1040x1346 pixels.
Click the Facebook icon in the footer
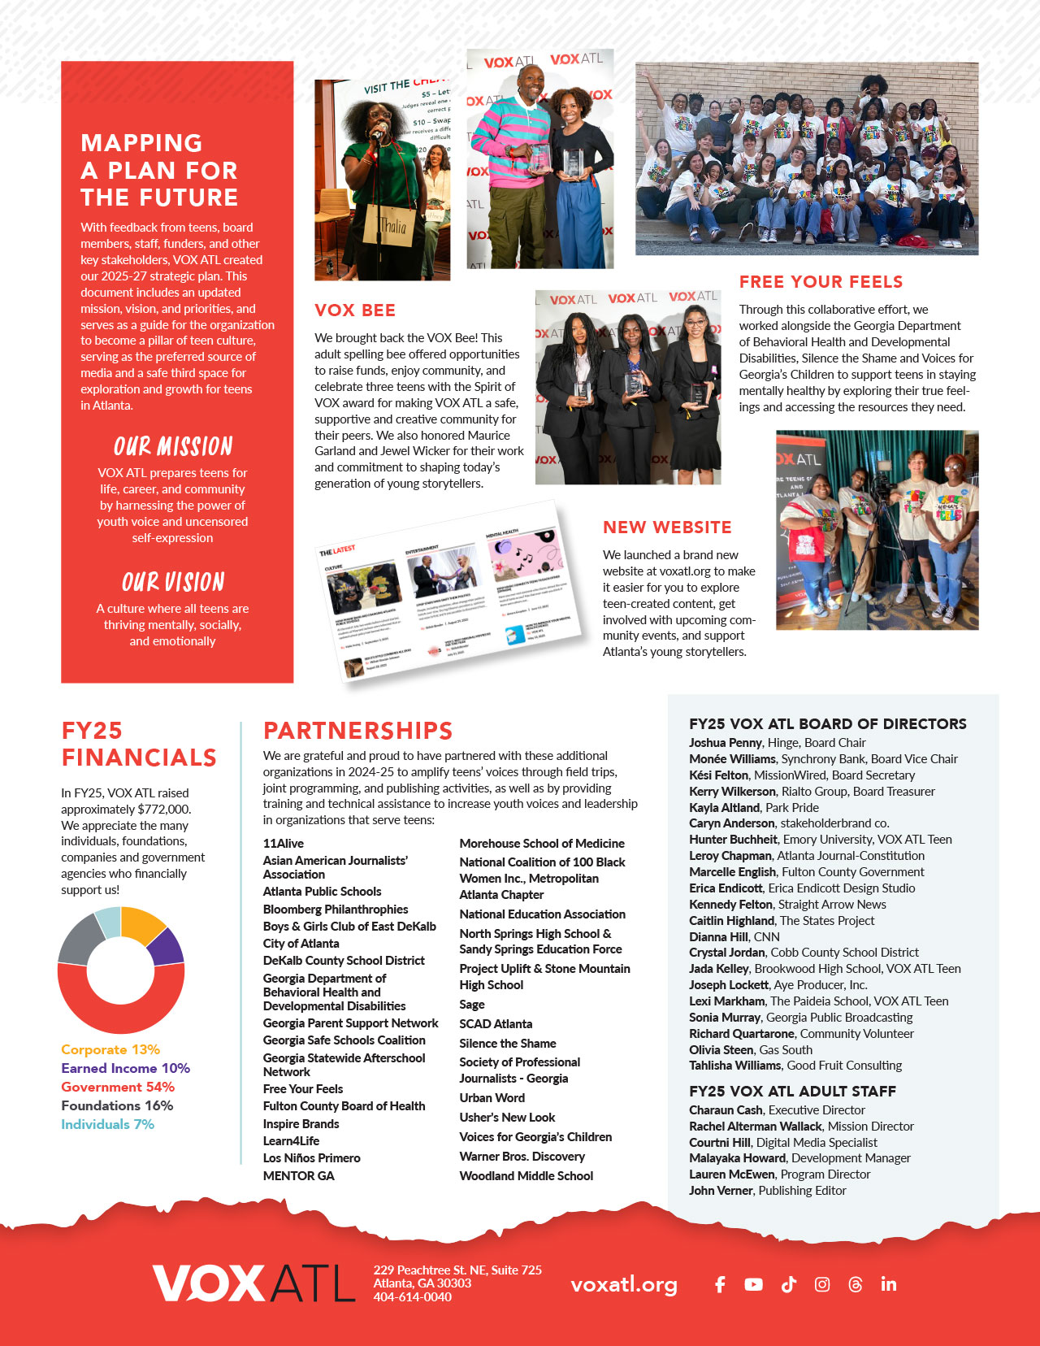point(720,1284)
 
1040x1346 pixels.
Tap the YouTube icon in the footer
point(753,1284)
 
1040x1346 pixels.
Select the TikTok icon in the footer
point(788,1284)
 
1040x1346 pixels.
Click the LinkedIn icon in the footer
point(889,1284)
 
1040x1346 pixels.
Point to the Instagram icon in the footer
point(822,1284)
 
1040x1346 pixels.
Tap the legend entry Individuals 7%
point(107,1124)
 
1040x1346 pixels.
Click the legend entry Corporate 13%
point(110,1049)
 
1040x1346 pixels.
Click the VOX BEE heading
point(355,310)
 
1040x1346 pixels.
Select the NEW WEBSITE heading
point(667,528)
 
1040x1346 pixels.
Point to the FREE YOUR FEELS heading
point(821,282)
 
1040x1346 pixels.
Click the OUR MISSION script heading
point(173,446)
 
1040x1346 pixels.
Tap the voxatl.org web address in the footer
point(624,1284)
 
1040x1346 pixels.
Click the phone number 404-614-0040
point(412,1297)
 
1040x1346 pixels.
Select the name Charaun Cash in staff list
point(726,1110)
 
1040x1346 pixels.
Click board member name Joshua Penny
point(725,742)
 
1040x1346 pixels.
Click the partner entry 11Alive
point(284,844)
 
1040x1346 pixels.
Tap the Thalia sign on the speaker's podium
point(392,225)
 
